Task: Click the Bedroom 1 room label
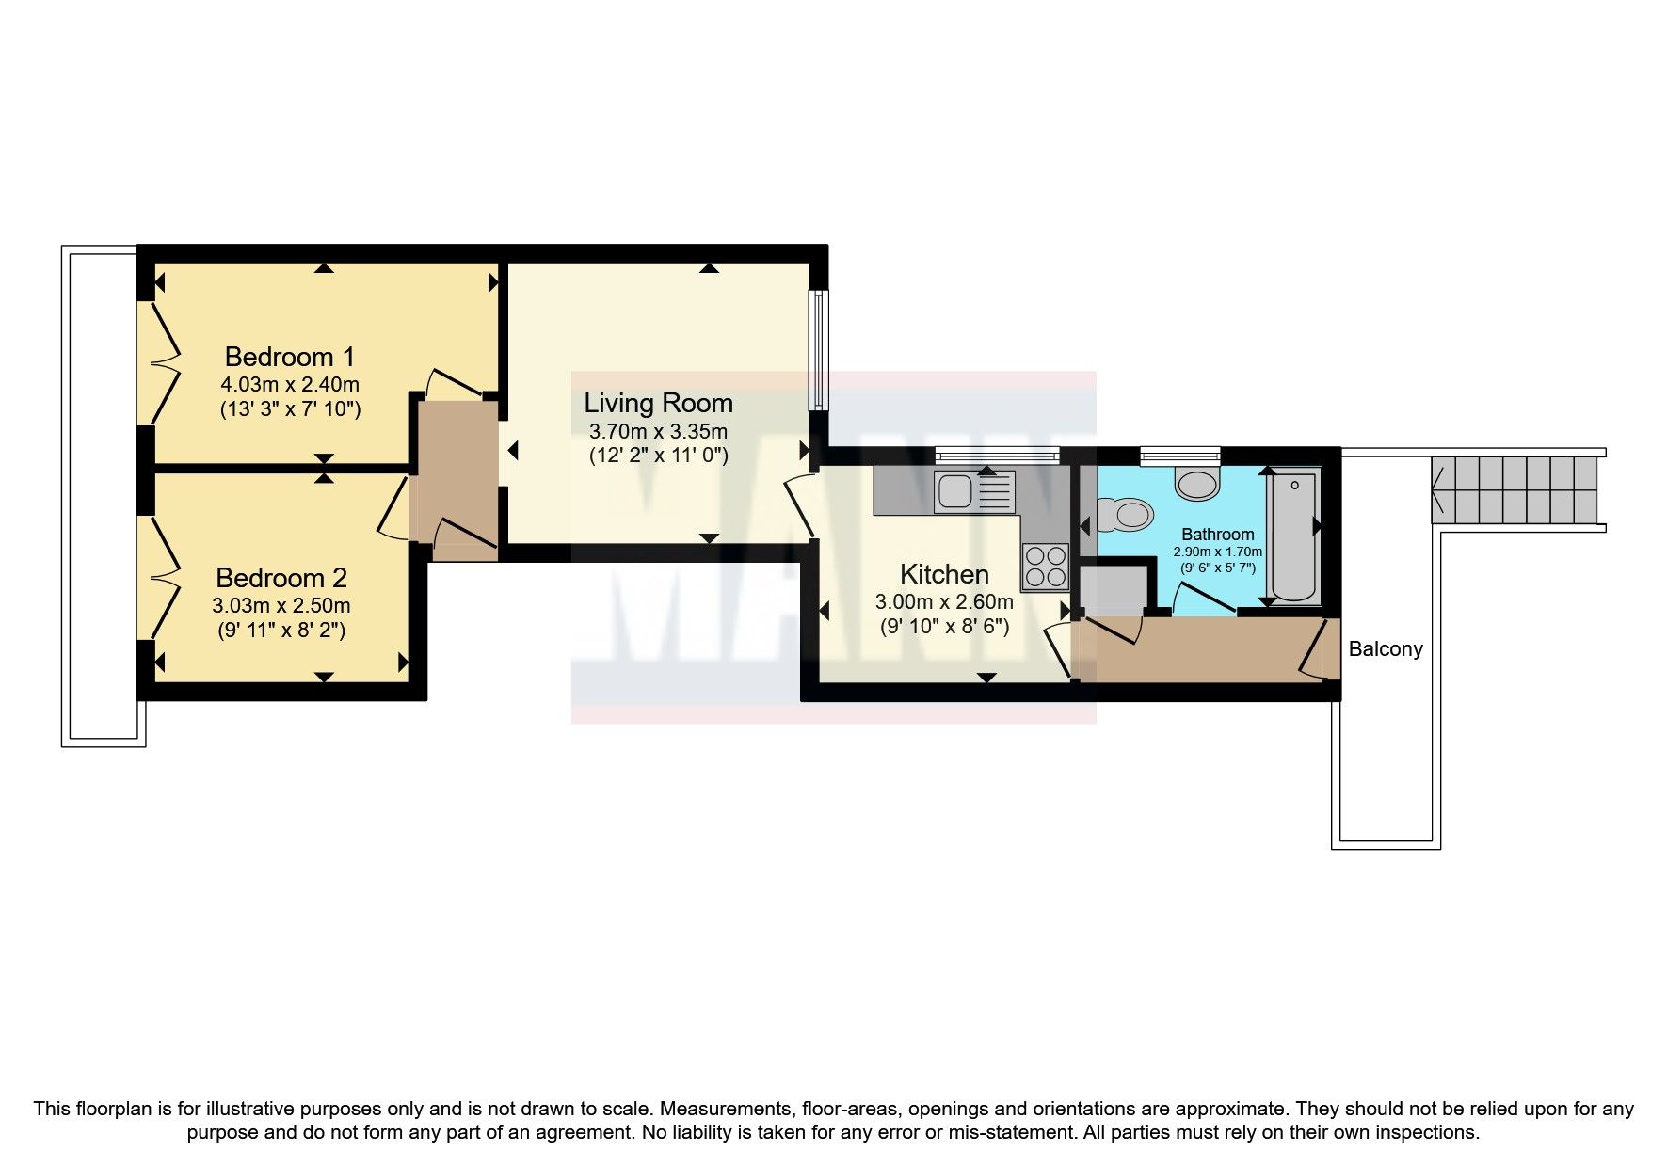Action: coord(290,357)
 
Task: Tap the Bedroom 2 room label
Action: coord(281,577)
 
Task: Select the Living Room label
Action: coord(658,403)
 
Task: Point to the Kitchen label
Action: coord(944,574)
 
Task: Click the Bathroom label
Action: coord(1218,534)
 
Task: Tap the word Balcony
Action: coord(1386,648)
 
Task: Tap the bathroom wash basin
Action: coord(1196,484)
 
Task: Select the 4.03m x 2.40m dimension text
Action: coord(290,385)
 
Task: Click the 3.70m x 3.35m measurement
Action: coord(658,432)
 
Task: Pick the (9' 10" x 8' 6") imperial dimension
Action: coord(944,625)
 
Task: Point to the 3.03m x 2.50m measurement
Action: coord(281,605)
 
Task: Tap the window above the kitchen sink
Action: coord(997,456)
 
